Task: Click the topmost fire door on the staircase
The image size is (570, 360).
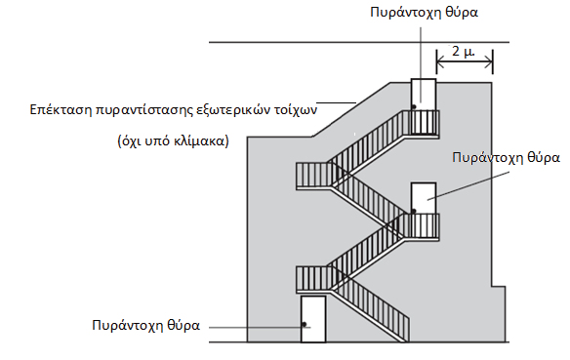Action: click(x=423, y=94)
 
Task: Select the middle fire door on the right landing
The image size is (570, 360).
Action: click(x=423, y=198)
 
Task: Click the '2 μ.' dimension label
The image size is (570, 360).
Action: click(x=464, y=51)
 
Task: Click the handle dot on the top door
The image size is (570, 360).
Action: click(x=416, y=105)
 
